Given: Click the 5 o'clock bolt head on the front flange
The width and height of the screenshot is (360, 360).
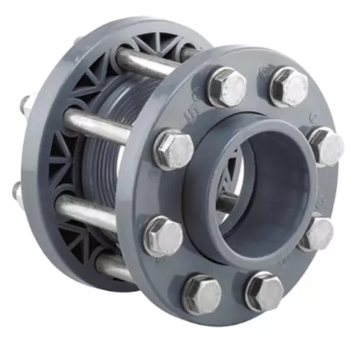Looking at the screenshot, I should [264, 290].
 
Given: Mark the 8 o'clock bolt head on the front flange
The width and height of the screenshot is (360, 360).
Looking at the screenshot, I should [163, 235].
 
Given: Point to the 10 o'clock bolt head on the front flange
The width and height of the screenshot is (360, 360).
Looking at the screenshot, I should [174, 149].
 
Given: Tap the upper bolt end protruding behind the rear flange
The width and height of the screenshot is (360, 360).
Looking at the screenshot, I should [26, 104].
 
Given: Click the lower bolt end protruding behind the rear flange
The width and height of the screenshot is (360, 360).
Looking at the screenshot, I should [19, 191].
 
